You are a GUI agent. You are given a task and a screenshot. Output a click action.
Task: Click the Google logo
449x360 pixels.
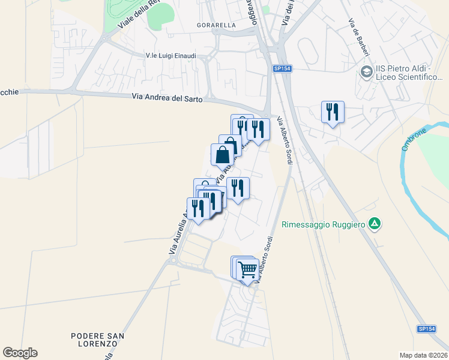(x=20, y=353)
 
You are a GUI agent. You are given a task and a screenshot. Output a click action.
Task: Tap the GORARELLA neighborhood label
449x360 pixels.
(x=216, y=26)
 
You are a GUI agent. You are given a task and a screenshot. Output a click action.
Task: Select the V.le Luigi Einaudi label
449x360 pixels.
(x=171, y=55)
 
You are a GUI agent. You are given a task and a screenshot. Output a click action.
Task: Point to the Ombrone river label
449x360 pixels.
(x=414, y=139)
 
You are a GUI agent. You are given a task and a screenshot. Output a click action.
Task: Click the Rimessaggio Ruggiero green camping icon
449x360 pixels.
(x=375, y=225)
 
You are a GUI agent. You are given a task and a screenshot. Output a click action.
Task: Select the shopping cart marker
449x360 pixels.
(x=247, y=268)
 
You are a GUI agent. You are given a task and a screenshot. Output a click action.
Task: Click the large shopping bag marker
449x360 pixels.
(x=222, y=154)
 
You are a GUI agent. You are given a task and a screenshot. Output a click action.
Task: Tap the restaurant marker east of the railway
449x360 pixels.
(x=333, y=112)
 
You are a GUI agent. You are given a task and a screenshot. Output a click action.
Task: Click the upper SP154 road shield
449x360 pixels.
(x=282, y=69)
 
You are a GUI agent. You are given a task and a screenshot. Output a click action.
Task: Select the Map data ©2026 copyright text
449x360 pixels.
(x=424, y=355)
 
